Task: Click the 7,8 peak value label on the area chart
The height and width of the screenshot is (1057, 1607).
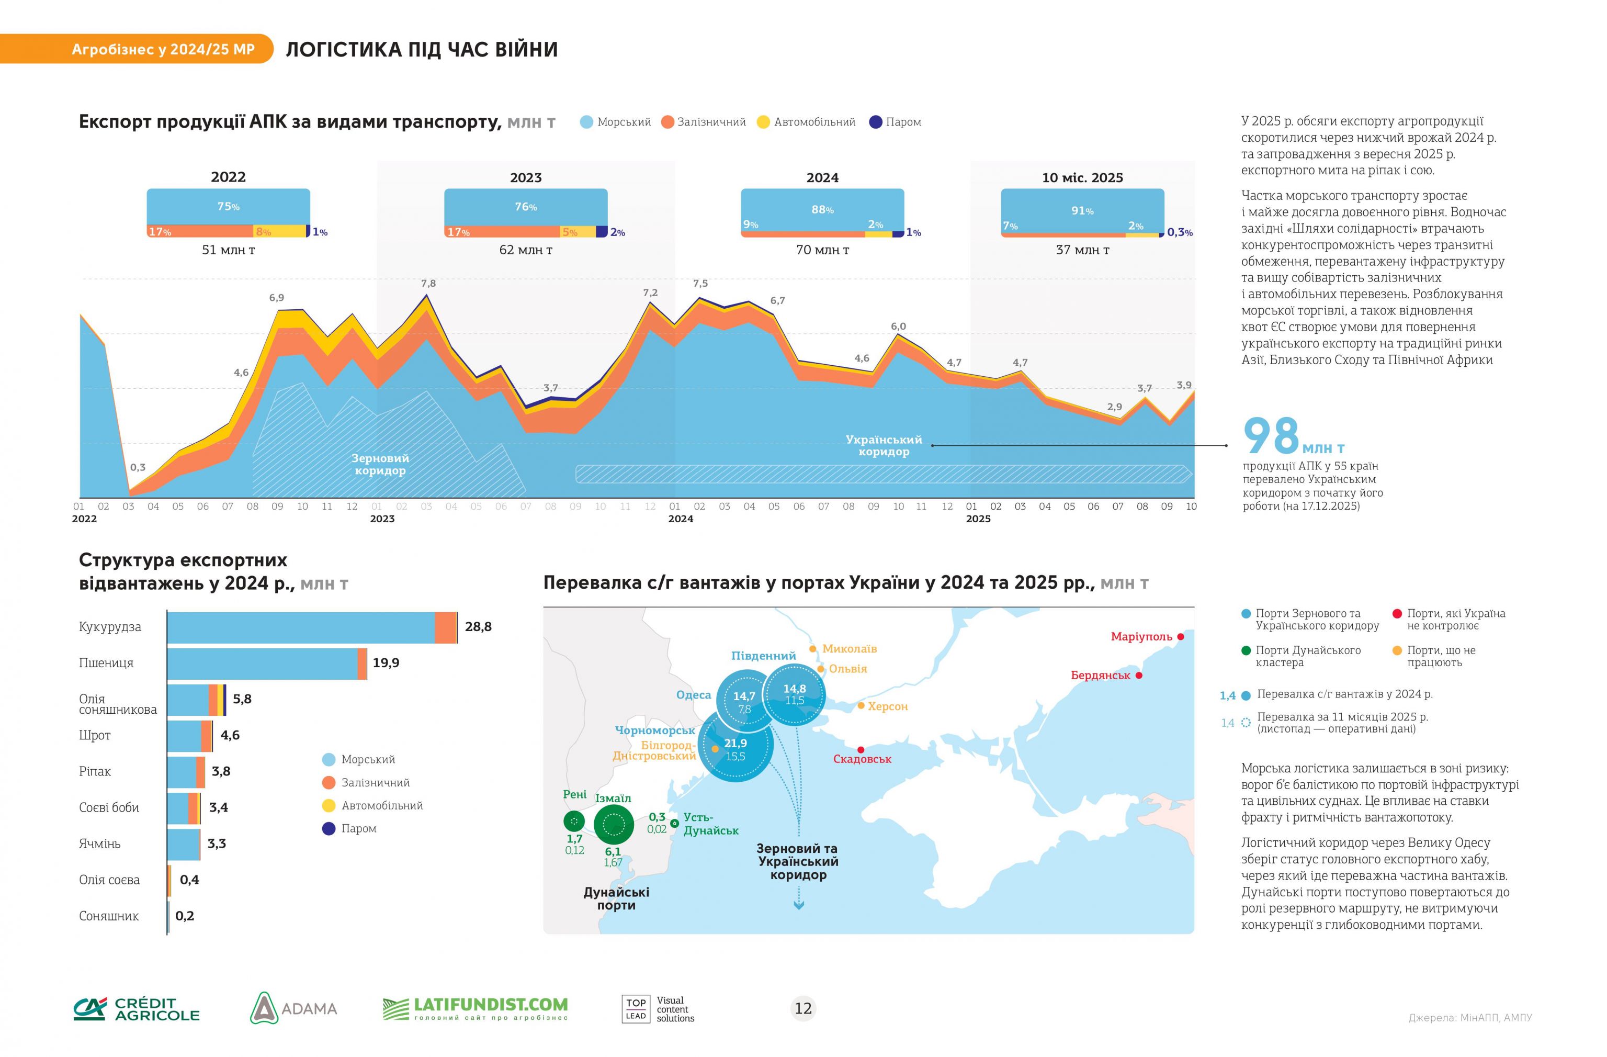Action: click(428, 284)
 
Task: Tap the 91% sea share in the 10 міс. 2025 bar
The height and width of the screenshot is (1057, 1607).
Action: click(1082, 211)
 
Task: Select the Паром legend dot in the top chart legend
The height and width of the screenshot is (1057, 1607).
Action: click(876, 122)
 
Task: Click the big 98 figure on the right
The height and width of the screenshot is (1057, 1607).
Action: click(1271, 436)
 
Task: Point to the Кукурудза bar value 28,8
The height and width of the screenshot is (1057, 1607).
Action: click(478, 627)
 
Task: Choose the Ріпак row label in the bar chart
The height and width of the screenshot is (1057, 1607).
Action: click(95, 771)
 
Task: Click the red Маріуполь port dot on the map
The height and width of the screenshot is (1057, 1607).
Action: click(1180, 636)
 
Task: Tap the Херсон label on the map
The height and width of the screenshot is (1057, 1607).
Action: click(887, 706)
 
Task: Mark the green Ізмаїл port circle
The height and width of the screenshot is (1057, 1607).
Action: click(613, 824)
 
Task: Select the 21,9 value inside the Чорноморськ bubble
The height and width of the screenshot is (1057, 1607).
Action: click(735, 743)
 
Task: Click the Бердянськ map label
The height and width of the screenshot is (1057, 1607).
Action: click(1100, 676)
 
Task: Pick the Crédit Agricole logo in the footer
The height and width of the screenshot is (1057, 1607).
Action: click(137, 1008)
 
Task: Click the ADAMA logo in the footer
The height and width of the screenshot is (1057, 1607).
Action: click(293, 1008)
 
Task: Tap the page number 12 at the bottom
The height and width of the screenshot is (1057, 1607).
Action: click(803, 1008)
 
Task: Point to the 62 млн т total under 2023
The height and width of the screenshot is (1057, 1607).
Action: click(525, 250)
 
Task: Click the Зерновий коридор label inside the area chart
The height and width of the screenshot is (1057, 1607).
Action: click(380, 465)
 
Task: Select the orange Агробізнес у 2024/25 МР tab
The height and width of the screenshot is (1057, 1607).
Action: click(163, 49)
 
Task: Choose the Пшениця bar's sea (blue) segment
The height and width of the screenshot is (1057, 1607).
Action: click(262, 664)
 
